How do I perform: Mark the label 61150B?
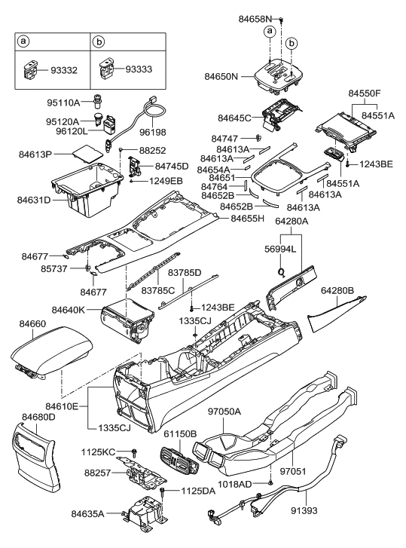(180, 434)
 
